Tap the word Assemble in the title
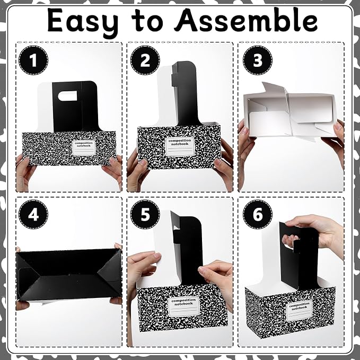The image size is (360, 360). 245,20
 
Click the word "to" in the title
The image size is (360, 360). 147,21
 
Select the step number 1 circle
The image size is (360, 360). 33,60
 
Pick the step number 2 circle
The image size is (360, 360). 145,60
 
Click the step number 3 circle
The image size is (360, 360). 258,60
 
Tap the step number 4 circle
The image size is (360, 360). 33,214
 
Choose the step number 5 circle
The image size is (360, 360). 145,214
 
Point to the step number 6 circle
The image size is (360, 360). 258,214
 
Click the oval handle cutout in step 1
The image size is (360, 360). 67,96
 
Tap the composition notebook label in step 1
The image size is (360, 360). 84,148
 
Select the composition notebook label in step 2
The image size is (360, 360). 180,147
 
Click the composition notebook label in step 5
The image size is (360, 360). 183,306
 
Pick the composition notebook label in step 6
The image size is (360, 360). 300,310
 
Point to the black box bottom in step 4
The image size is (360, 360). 69,274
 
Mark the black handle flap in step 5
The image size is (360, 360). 188,250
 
